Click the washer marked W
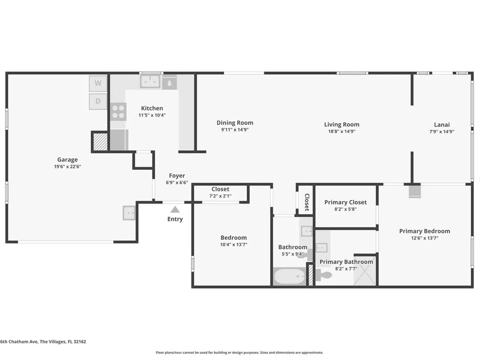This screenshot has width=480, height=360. pyautogui.click(x=98, y=83)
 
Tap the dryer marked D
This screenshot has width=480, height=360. pyautogui.click(x=98, y=101)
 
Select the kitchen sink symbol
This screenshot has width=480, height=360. pyautogui.click(x=150, y=82)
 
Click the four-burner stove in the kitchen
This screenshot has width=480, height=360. pyautogui.click(x=118, y=111)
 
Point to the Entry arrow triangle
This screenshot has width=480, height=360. pyautogui.click(x=175, y=209)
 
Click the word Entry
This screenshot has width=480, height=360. pyautogui.click(x=175, y=219)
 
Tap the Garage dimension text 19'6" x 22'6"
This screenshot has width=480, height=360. pyautogui.click(x=67, y=167)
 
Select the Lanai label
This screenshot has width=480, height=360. pyautogui.click(x=442, y=125)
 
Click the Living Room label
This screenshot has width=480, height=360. pyautogui.click(x=342, y=125)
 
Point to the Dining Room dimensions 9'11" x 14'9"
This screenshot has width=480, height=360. pyautogui.click(x=235, y=130)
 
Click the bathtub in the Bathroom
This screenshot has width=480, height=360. pyautogui.click(x=289, y=276)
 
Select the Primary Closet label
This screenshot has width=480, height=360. pyautogui.click(x=346, y=203)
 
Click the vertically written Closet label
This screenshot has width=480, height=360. pyautogui.click(x=307, y=202)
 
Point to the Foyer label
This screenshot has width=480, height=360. pyautogui.click(x=177, y=176)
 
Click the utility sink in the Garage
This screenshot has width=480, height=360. pyautogui.click(x=129, y=213)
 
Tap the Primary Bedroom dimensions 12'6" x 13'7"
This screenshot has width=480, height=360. pyautogui.click(x=425, y=238)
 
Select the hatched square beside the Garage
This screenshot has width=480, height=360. pyautogui.click(x=100, y=142)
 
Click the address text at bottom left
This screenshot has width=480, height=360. pyautogui.click(x=43, y=342)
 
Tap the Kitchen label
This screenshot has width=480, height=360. pyautogui.click(x=152, y=108)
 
